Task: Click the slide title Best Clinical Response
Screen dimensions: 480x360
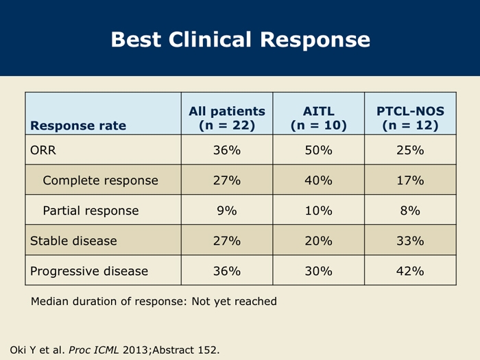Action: pyautogui.click(x=240, y=40)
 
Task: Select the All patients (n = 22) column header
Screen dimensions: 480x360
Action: pyautogui.click(x=227, y=118)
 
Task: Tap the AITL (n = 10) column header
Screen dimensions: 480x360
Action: pyautogui.click(x=319, y=118)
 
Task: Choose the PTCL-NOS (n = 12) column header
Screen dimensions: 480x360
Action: pyautogui.click(x=410, y=118)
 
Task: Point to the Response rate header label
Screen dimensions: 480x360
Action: pyautogui.click(x=78, y=125)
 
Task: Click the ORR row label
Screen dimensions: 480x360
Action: pyautogui.click(x=43, y=150)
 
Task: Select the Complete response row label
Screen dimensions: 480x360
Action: pyautogui.click(x=100, y=180)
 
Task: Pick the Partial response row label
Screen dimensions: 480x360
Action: pyautogui.click(x=91, y=211)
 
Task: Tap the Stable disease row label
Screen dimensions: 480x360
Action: pyautogui.click(x=73, y=241)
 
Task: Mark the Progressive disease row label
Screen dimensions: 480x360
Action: pyautogui.click(x=89, y=272)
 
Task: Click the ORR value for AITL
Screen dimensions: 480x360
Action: pyautogui.click(x=318, y=150)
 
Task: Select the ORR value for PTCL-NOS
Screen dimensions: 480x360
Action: pyautogui.click(x=410, y=150)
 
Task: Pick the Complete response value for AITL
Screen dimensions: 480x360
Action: pyautogui.click(x=318, y=180)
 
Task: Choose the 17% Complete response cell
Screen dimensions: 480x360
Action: pyautogui.click(x=410, y=180)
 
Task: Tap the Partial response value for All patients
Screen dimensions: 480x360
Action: pyautogui.click(x=227, y=211)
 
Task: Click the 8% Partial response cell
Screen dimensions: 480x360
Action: pyautogui.click(x=410, y=211)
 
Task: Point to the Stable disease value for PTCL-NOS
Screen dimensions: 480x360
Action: pyautogui.click(x=410, y=241)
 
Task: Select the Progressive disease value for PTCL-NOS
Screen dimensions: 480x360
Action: pyautogui.click(x=410, y=272)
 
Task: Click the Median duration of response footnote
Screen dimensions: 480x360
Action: pyautogui.click(x=154, y=302)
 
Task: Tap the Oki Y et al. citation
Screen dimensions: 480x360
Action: pyautogui.click(x=115, y=350)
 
